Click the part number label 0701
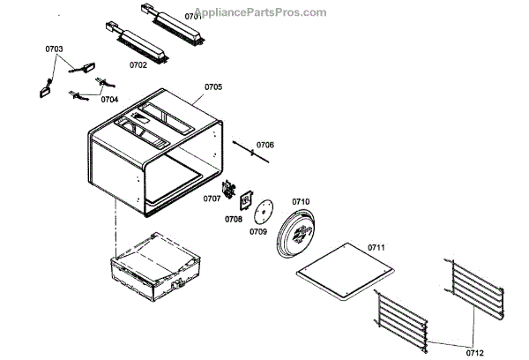coord(193,17)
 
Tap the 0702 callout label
coord(138,64)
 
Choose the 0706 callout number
coord(265,145)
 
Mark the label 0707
coord(212,199)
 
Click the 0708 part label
coord(233,218)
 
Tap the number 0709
coord(258,231)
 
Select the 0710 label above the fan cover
coord(301,202)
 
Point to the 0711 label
coord(377,247)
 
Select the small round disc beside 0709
coord(260,211)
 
